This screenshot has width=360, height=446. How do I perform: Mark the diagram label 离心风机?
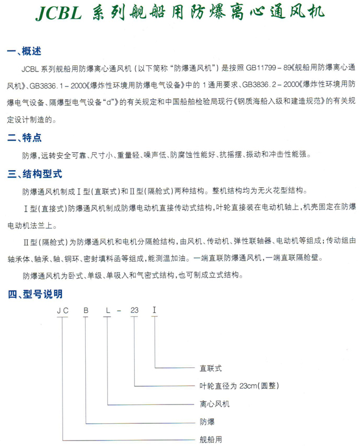click(214, 404)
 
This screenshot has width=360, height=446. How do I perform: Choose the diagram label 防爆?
click(206, 422)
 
